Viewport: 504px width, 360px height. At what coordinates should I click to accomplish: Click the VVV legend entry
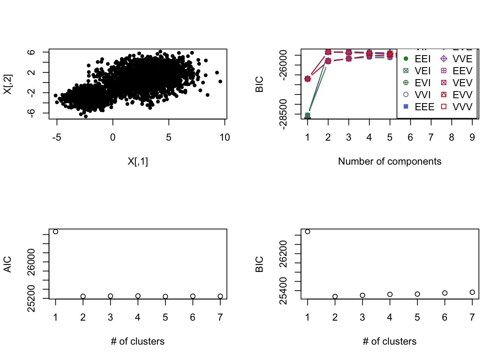457,107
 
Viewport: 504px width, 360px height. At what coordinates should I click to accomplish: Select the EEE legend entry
420,107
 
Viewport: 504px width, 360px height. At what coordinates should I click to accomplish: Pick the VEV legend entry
457,83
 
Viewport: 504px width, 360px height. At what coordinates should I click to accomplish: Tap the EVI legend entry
418,83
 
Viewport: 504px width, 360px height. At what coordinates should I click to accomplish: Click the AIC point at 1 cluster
55,232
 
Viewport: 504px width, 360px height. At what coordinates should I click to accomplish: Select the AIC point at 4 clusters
138,296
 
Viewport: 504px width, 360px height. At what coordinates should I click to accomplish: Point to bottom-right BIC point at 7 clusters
472,292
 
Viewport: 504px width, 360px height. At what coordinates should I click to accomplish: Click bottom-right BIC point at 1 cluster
307,232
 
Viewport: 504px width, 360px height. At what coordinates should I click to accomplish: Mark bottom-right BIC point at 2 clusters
335,296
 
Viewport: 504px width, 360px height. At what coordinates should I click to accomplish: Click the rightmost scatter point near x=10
220,81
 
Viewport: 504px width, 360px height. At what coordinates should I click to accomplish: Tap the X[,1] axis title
138,162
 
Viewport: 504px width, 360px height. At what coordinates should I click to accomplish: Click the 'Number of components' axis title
390,162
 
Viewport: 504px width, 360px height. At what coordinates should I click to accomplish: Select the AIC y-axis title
7,264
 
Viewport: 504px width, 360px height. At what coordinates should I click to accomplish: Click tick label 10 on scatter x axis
225,138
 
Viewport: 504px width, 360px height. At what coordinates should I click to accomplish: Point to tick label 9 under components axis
472,138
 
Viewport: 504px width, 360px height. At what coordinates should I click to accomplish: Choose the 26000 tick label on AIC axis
31,262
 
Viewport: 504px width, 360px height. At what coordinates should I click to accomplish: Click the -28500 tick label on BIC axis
283,114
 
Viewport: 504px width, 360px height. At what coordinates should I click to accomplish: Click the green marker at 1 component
307,115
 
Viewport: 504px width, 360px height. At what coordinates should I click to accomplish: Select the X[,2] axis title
7,84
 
